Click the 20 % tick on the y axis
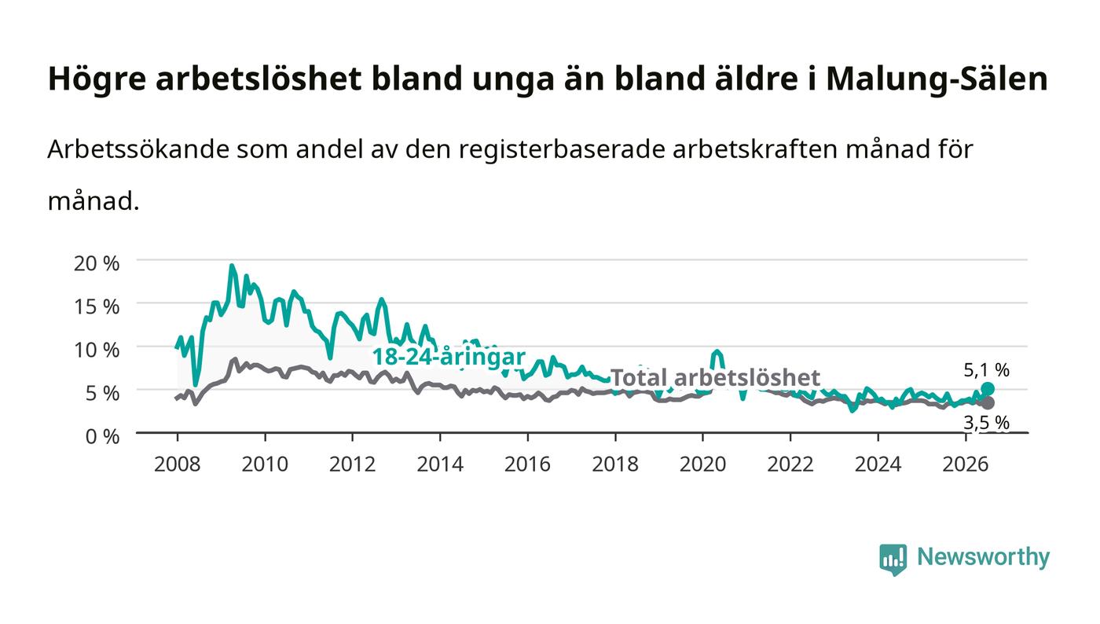click(96, 263)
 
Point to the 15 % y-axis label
click(96, 306)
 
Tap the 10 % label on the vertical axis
click(96, 350)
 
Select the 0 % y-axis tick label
click(102, 436)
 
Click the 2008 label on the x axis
click(178, 464)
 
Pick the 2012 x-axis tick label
click(352, 464)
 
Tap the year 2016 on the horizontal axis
click(527, 464)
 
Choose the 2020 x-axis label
click(702, 464)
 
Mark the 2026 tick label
click(966, 464)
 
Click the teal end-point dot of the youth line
click(988, 389)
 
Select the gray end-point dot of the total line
click(988, 403)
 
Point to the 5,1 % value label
click(987, 370)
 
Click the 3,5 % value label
click(987, 423)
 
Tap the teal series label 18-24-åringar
click(449, 357)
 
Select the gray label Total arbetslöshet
click(715, 377)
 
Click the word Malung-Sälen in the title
click(937, 79)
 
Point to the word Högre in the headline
click(97, 79)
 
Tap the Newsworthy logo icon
click(893, 560)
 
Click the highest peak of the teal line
click(231, 266)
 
